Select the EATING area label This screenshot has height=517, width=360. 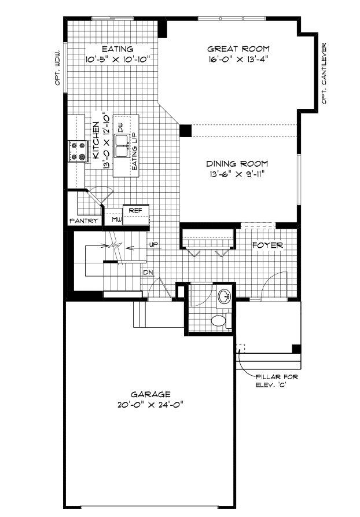pos(117,49)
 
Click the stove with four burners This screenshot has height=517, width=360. pos(76,151)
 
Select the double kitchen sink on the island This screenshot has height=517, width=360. pos(122,145)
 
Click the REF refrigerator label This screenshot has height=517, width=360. pos(135,210)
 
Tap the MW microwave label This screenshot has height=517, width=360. pos(116,220)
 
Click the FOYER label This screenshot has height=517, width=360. pos(267,245)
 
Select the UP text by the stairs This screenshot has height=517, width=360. pos(154,245)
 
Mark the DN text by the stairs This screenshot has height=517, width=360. pos(148,272)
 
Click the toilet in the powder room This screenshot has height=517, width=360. pos(219,320)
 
